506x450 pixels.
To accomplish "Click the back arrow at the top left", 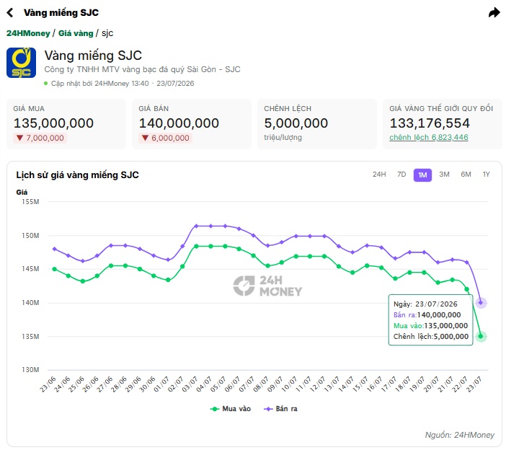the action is [10, 12].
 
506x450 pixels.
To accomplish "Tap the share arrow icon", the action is [494, 12].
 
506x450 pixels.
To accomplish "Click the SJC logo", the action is [22, 63].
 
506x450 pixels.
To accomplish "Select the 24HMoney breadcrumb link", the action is [28, 33].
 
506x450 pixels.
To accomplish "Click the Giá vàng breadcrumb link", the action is [76, 33].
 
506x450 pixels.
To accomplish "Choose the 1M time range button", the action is [422, 175].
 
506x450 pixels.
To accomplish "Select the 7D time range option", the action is [401, 175].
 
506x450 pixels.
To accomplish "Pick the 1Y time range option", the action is [486, 175].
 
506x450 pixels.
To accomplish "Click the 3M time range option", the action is [444, 175].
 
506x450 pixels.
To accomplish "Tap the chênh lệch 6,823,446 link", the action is [429, 137].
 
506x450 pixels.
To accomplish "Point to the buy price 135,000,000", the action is [53, 123].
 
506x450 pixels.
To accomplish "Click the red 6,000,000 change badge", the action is [166, 138].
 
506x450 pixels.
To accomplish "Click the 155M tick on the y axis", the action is [30, 202].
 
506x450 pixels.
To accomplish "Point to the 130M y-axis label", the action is [30, 370].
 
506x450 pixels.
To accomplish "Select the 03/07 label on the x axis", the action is [190, 384].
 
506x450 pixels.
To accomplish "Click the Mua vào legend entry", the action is [231, 409].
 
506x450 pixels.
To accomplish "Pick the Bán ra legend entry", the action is [281, 409].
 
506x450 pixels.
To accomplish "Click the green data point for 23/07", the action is [481, 336].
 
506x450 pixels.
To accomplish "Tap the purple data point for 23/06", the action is [54, 249].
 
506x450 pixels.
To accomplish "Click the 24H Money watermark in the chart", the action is [267, 286].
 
